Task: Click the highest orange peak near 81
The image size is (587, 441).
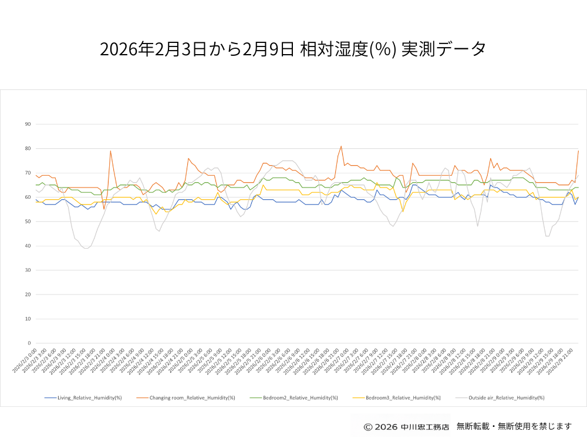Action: coord(341,146)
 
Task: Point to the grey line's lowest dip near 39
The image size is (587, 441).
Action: coord(86,248)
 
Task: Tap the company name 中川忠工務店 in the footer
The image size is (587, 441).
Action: coord(425,426)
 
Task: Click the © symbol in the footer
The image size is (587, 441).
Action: coord(368,426)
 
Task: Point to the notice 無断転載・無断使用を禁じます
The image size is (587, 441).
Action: coord(514,426)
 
